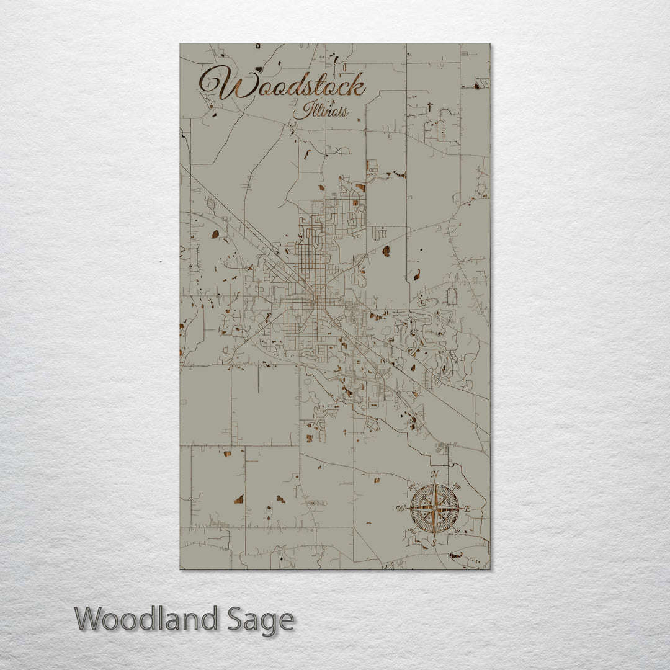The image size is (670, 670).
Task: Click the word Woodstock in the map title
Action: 283,86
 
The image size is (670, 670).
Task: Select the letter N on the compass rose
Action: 435,475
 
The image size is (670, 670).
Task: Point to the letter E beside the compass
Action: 468,509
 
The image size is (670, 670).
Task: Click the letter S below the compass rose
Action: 434,543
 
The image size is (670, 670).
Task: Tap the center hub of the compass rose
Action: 434,509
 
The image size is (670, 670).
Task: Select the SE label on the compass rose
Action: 458,532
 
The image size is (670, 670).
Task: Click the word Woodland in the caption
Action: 146,619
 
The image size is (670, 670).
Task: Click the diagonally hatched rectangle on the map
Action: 483,83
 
